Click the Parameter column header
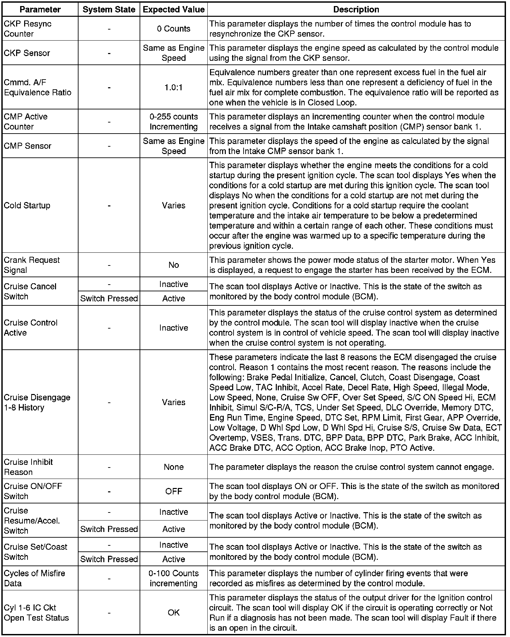click(x=40, y=10)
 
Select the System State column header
click(x=109, y=10)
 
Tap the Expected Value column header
click(x=173, y=10)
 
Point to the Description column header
click(x=356, y=10)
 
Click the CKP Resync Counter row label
click(x=28, y=29)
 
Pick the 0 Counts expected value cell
click(x=173, y=29)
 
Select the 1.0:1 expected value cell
click(x=173, y=88)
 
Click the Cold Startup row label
click(x=27, y=205)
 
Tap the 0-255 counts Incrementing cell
click(x=173, y=121)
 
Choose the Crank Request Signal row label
click(x=32, y=265)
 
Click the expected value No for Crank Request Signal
click(x=173, y=265)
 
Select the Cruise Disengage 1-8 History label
click(x=37, y=402)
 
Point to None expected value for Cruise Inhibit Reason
click(x=173, y=467)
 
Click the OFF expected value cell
click(x=173, y=491)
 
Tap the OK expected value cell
click(x=173, y=612)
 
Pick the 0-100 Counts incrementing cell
click(x=173, y=578)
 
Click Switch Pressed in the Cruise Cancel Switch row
click(x=109, y=298)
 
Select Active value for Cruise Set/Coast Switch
click(x=173, y=559)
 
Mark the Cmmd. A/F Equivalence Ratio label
click(x=38, y=88)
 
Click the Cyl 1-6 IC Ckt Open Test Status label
click(x=36, y=612)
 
